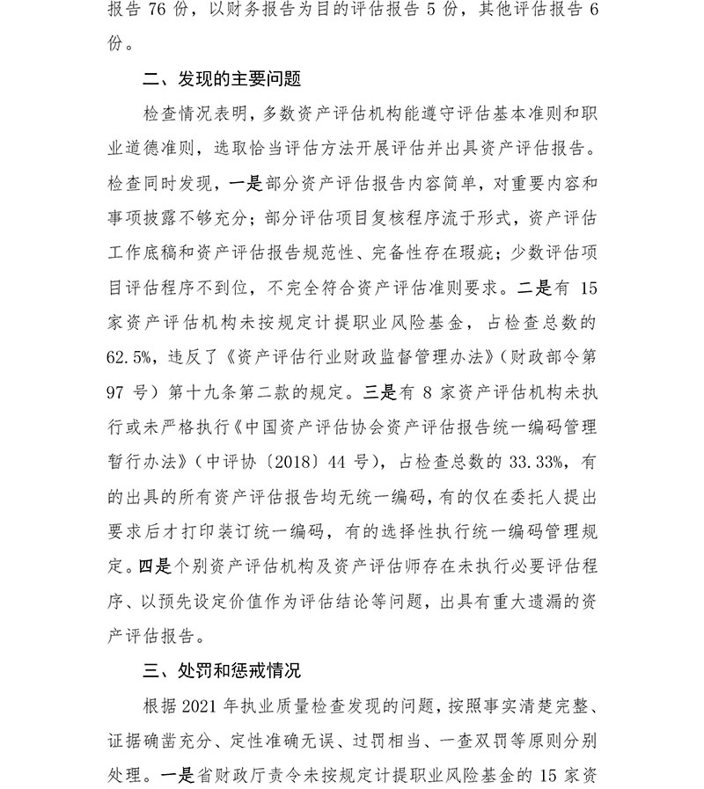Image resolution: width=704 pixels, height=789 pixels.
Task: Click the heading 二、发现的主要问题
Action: click(222, 80)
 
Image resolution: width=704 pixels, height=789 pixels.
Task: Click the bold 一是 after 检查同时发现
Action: click(245, 184)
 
